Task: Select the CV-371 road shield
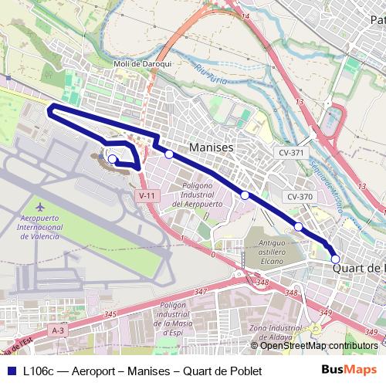[x=292, y=153]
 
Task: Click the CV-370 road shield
[x=300, y=197]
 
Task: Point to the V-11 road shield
[x=147, y=196]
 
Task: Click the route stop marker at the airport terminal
[x=112, y=159]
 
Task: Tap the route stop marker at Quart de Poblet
[x=335, y=259]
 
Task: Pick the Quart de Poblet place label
[x=359, y=268]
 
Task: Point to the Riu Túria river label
[x=212, y=76]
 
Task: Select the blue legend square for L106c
[x=10, y=371]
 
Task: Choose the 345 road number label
[x=110, y=314]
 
